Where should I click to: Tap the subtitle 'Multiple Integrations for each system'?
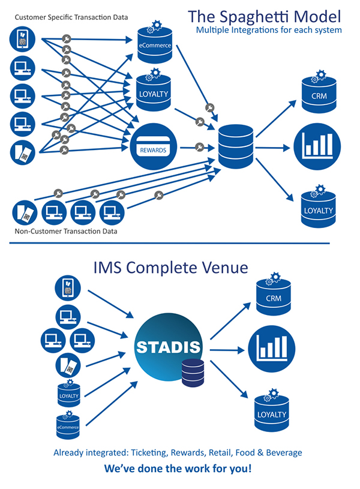coord(268,29)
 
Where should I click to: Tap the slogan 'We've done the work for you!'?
coord(178,467)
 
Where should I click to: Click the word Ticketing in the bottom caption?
coord(152,452)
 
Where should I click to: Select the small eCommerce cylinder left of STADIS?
coord(68,426)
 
